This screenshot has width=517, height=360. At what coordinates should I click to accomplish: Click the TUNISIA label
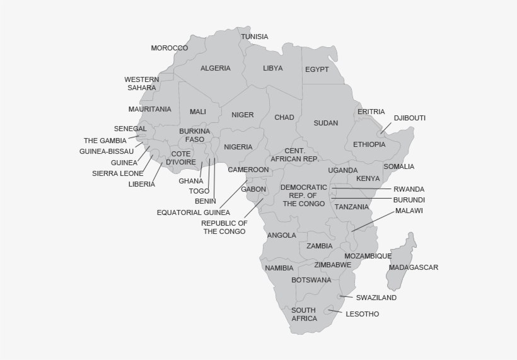point(254,37)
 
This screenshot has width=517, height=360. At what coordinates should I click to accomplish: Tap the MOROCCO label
point(169,48)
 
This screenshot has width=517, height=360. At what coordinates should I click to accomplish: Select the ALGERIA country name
point(216,68)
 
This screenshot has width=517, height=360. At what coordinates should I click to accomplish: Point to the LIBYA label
point(273,68)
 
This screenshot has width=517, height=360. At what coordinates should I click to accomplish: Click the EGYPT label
point(317,69)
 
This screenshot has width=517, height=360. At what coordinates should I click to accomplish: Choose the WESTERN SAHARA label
point(142,84)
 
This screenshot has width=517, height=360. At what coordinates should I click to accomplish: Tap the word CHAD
point(284,117)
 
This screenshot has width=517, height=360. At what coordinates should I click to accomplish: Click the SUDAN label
point(326,123)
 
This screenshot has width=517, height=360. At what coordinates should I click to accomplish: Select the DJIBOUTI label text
point(410,118)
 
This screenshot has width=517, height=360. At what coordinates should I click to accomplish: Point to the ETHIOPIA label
point(369,144)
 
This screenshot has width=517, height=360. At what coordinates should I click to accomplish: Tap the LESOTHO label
point(363,314)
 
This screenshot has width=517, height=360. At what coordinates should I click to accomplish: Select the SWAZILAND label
point(376,298)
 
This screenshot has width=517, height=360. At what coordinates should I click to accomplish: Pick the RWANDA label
point(409,189)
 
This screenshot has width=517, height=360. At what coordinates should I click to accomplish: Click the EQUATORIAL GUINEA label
point(194,212)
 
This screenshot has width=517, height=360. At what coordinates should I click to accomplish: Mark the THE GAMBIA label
point(105,141)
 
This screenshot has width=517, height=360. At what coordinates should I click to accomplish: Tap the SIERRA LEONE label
point(118,173)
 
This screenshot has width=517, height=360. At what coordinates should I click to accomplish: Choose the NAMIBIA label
point(279,268)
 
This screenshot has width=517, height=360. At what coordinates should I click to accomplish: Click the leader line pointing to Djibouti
point(386,128)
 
